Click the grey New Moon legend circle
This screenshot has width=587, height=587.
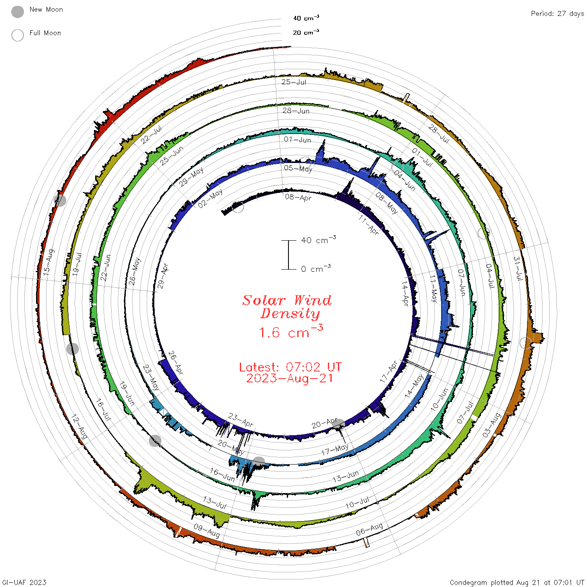pyautogui.click(x=17, y=12)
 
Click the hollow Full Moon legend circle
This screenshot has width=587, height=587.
pyautogui.click(x=17, y=35)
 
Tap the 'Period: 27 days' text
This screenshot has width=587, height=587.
pyautogui.click(x=558, y=14)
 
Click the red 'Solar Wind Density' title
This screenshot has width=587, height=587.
pyautogui.click(x=287, y=307)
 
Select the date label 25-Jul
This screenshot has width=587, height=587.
pyautogui.click(x=294, y=82)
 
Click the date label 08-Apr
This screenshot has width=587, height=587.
pyautogui.click(x=298, y=197)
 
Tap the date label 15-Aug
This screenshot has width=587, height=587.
pyautogui.click(x=49, y=262)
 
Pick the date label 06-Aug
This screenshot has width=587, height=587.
pyautogui.click(x=369, y=530)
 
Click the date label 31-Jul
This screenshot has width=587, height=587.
pyautogui.click(x=518, y=268)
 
